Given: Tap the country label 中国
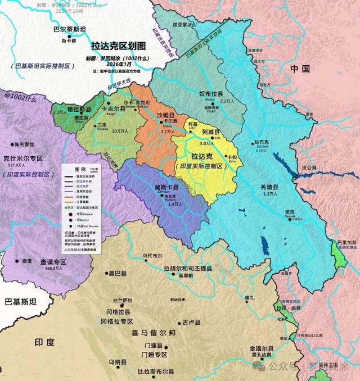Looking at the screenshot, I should [300, 69].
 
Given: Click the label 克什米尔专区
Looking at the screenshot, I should [23, 158].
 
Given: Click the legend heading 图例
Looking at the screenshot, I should [80, 168].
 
